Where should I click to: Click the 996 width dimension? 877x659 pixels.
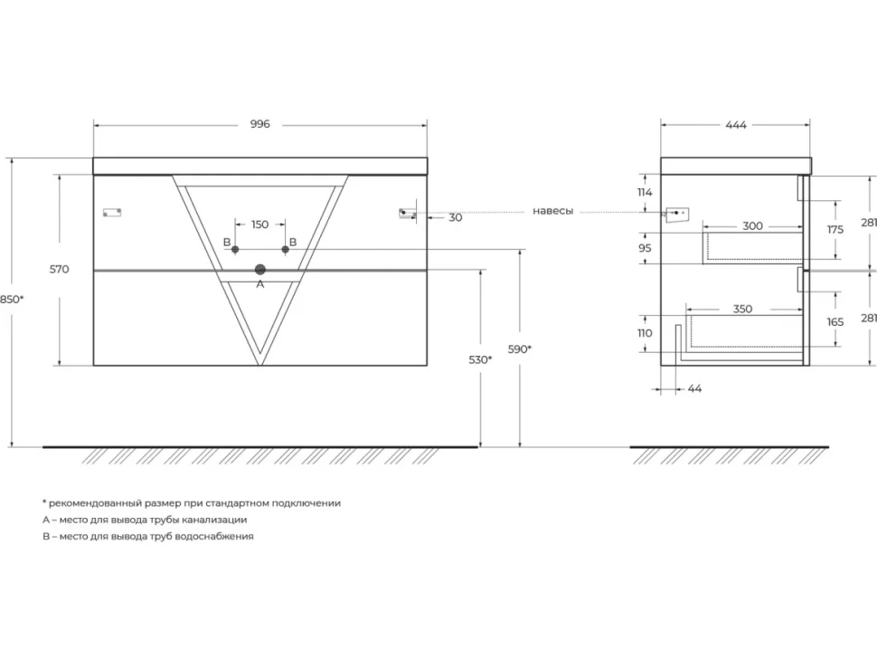pos(260,124)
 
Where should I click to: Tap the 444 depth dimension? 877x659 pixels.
pos(736,125)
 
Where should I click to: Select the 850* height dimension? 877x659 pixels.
pos(12,300)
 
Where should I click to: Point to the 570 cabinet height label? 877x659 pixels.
pos(60,270)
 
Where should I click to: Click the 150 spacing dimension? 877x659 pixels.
pos(259,224)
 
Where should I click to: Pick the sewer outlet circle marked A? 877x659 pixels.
pos(260,270)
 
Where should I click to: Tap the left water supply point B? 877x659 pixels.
pos(235,249)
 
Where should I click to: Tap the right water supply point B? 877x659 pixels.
pos(285,249)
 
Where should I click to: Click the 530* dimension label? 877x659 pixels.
pos(480,360)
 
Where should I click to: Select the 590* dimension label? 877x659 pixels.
pos(520,349)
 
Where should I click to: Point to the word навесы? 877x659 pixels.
pos(552,211)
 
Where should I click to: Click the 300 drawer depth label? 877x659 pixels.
pos(752,226)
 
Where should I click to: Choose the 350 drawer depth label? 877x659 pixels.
pos(742,309)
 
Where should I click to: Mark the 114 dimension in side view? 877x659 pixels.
pos(645,193)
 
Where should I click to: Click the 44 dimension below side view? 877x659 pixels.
pos(694,388)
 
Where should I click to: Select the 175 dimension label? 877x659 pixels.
pos(835,230)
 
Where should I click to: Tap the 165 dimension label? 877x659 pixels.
pos(835,322)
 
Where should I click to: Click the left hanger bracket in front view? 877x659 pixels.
pos(112,212)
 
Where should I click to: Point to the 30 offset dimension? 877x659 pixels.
pos(456,218)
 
